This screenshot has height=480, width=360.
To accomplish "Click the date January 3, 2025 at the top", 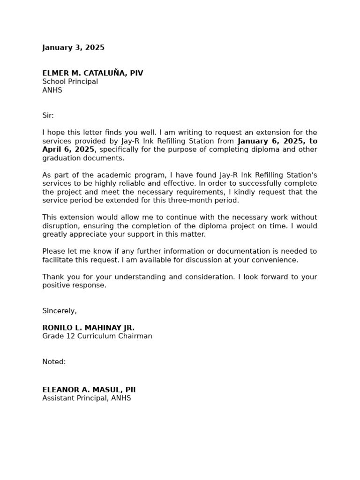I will tap(73, 48).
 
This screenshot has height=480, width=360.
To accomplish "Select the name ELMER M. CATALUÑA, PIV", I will tap(92, 73).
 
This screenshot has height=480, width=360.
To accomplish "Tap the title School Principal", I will tap(70, 82).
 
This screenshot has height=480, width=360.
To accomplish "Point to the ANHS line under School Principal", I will tap(52, 90).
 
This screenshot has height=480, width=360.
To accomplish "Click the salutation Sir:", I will tap(48, 115).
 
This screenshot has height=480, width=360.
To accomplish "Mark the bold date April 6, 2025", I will tap(68, 150).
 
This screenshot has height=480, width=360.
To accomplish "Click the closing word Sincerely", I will tap(59, 311).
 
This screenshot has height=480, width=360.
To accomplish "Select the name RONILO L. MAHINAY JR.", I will tap(88, 328).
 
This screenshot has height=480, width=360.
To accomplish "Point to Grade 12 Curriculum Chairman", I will tap(97, 336).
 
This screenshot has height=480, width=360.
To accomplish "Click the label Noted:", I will tap(54, 362).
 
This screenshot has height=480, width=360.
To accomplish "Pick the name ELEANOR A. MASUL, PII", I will tap(89, 390).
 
